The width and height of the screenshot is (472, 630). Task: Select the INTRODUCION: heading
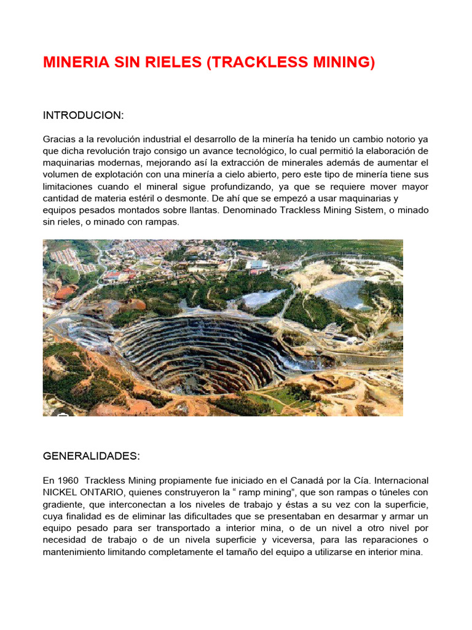(84, 116)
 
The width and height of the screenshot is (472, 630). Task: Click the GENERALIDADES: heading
(92, 456)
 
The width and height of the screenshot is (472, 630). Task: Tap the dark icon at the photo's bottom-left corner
(63, 413)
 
